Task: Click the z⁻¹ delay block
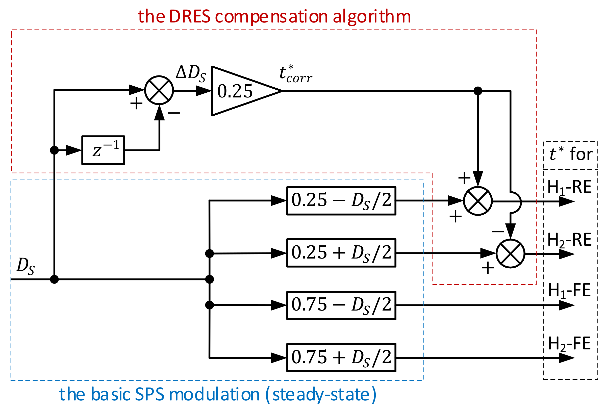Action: coord(103,150)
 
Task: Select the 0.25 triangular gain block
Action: coord(240,91)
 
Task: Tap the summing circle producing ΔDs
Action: coord(159,90)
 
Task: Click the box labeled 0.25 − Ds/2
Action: coord(341,201)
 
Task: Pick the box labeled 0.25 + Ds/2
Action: coord(341,253)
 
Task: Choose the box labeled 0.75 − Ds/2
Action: coord(341,305)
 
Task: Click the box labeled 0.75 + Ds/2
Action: coord(341,357)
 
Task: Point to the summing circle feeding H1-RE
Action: coord(478,201)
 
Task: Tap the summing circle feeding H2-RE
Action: coord(511,254)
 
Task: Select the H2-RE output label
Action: coord(569,240)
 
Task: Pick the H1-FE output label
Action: coord(569,291)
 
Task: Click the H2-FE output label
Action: coord(569,344)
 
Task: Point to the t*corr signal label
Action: coord(295,74)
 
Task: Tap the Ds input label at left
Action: coord(26,266)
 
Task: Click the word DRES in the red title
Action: coord(190,16)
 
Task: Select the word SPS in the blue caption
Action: coord(150,394)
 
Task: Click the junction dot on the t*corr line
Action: coord(478,91)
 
